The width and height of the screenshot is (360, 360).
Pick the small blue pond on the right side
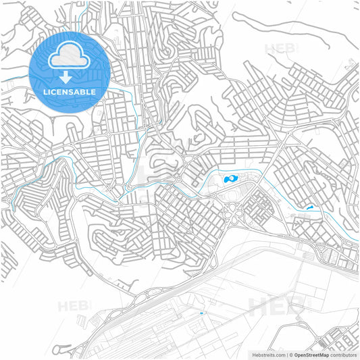[309, 209]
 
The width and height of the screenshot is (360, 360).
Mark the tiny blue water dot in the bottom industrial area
[201, 313]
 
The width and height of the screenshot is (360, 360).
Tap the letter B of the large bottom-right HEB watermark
[296, 307]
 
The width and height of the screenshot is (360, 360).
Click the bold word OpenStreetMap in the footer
[311, 354]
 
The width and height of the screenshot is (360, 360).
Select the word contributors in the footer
[343, 354]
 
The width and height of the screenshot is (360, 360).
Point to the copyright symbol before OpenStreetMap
[291, 354]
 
